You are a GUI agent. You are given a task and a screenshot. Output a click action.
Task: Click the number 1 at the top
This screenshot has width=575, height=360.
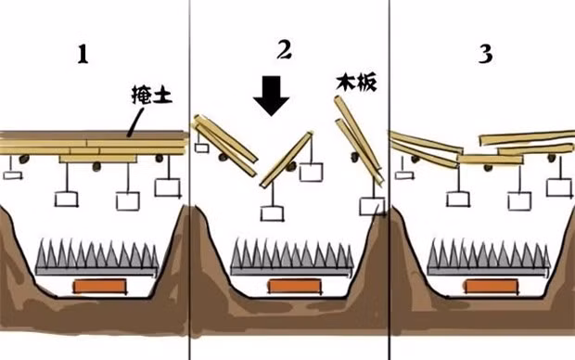(x=83, y=54)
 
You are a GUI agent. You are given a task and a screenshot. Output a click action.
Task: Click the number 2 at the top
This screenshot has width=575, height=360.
(x=284, y=50)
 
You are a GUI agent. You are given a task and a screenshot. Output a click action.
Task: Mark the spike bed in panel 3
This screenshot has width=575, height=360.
(x=481, y=255)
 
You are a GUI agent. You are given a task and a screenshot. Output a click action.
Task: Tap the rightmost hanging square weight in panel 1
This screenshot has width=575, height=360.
(x=167, y=187)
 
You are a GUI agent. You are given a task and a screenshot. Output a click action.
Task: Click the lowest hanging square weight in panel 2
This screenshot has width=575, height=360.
(x=271, y=213)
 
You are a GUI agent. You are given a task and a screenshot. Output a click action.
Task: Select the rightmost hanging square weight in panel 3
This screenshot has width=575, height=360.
(x=557, y=187)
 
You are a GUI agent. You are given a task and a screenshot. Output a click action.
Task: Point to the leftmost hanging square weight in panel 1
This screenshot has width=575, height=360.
(x=12, y=173)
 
